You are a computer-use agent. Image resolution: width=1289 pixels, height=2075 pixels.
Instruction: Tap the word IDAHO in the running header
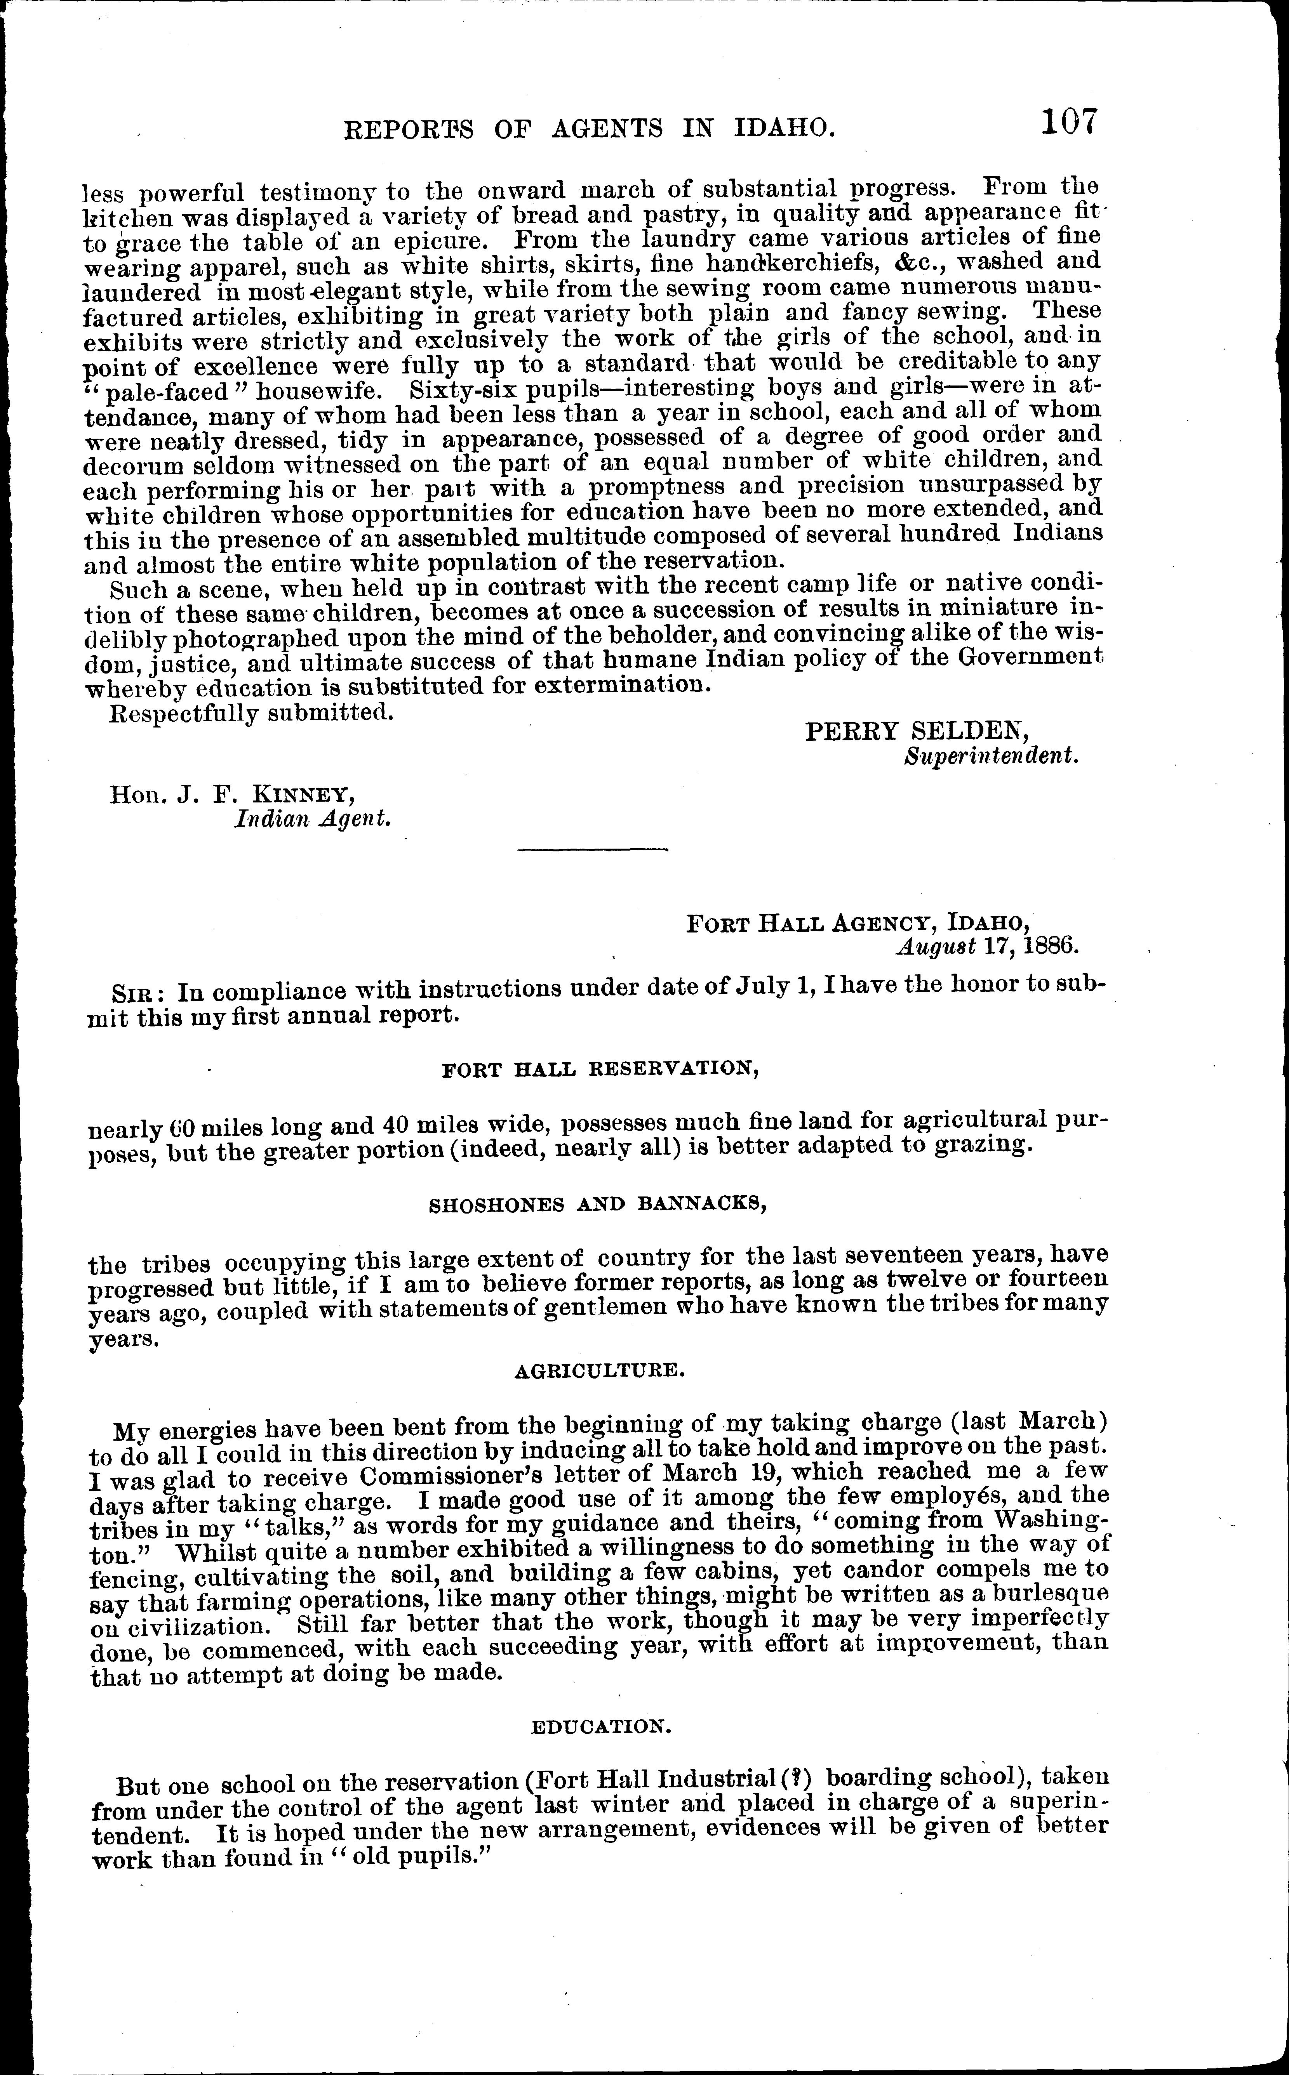click(782, 128)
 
